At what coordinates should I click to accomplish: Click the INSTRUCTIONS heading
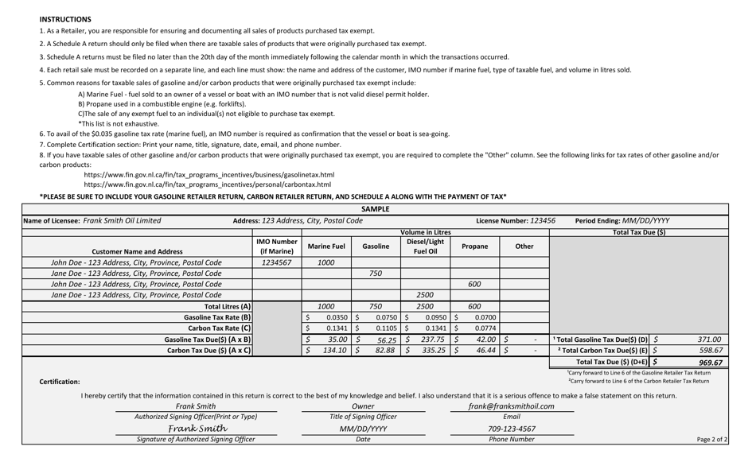(65, 19)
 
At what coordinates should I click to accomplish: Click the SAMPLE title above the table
(376, 209)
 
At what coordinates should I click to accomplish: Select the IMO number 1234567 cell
(276, 262)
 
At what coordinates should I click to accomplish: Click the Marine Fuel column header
(326, 246)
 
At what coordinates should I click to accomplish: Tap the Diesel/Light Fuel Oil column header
(425, 246)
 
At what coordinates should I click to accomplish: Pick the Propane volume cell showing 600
(474, 284)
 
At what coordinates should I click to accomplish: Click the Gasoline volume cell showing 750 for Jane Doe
(376, 273)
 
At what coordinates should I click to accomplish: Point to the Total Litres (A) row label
(228, 306)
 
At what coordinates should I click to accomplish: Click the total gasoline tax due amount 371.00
(709, 339)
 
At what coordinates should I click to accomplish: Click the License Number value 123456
(542, 221)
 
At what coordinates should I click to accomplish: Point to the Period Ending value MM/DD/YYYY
(645, 221)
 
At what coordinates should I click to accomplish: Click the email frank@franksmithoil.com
(512, 406)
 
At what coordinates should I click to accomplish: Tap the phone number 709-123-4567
(512, 429)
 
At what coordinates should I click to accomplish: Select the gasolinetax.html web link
(208, 175)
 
